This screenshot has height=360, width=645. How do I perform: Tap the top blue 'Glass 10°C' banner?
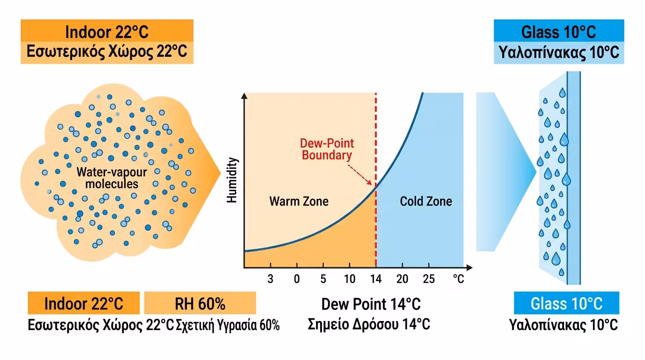(x=559, y=31)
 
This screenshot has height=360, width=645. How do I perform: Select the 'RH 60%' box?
(x=200, y=303)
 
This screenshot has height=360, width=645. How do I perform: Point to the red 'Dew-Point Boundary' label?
(x=327, y=149)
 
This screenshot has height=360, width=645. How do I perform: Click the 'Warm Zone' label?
(x=299, y=202)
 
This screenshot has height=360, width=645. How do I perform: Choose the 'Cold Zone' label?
(x=426, y=202)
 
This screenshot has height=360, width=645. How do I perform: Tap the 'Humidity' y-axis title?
(x=232, y=180)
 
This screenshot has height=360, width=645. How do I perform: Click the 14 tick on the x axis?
(x=375, y=279)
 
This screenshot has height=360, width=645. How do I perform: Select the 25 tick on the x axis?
(x=428, y=279)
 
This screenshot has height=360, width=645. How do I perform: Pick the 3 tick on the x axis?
(x=270, y=279)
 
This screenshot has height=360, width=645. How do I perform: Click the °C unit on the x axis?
(x=458, y=279)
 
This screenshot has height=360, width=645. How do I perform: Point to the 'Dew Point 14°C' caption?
(x=371, y=304)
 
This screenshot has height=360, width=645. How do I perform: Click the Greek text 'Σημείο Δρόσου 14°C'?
(x=369, y=324)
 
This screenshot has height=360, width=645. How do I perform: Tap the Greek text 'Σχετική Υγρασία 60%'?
(x=228, y=325)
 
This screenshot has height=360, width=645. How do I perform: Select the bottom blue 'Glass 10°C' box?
(x=566, y=303)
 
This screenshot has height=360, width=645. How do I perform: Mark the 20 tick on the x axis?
(x=402, y=279)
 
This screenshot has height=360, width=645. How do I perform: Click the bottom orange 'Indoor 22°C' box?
(x=84, y=303)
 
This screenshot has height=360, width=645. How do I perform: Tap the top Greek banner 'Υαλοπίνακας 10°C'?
(x=559, y=52)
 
